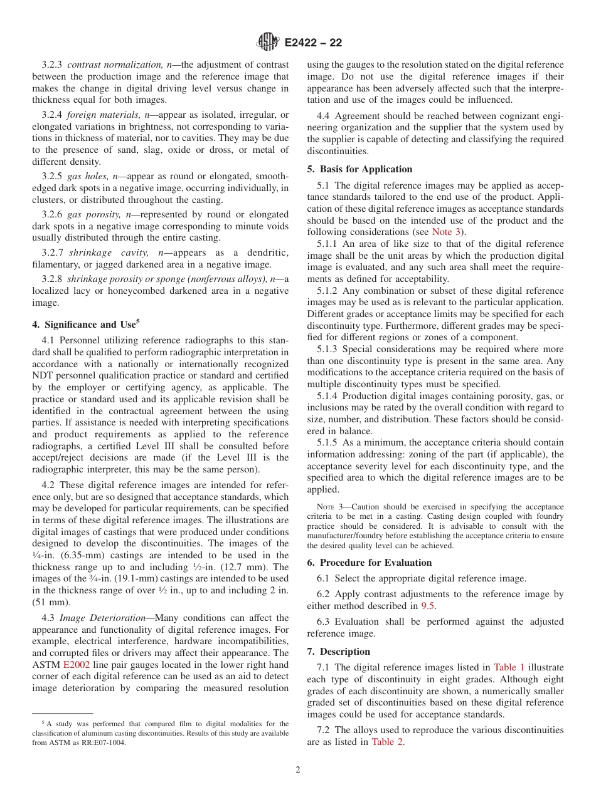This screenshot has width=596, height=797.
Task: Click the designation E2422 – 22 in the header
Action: click(x=313, y=43)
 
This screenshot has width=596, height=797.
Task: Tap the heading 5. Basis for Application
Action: click(x=359, y=169)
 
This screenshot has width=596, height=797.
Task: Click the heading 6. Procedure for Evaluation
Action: click(x=369, y=563)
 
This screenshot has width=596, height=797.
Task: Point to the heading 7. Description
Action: click(x=339, y=652)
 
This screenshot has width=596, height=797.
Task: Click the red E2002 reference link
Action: click(x=77, y=665)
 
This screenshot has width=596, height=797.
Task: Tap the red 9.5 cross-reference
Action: click(x=428, y=606)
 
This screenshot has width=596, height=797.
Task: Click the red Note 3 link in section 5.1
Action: click(x=447, y=232)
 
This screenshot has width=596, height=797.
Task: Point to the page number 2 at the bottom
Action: click(x=298, y=770)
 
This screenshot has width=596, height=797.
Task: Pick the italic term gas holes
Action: click(x=88, y=176)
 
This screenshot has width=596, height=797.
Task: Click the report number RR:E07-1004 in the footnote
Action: click(x=102, y=742)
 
